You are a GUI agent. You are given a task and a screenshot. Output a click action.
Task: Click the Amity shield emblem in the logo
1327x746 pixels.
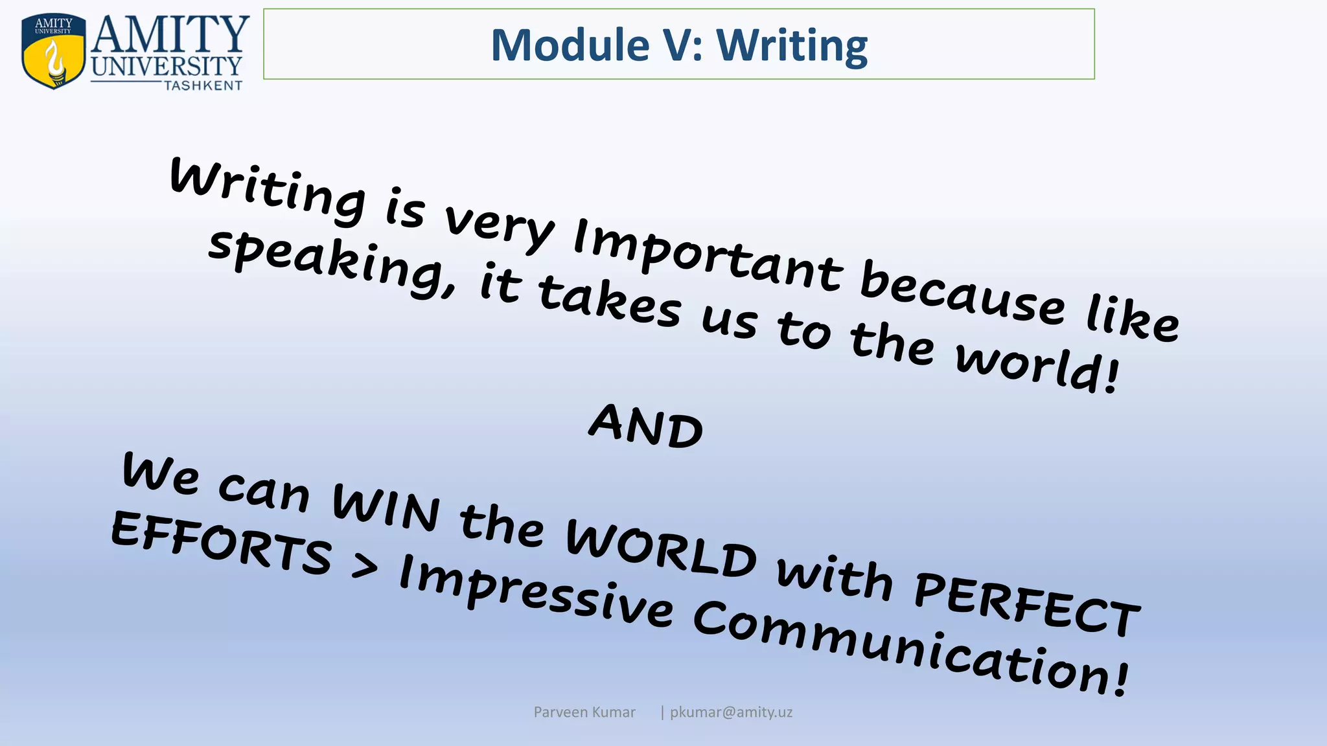(x=53, y=51)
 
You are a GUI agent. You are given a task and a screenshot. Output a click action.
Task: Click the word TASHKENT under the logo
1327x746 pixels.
(x=203, y=85)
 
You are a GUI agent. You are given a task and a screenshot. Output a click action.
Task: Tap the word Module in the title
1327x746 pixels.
(x=570, y=45)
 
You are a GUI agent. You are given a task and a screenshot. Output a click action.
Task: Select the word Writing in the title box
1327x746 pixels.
(x=791, y=45)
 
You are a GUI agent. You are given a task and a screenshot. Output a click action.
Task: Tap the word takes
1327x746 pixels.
(x=609, y=302)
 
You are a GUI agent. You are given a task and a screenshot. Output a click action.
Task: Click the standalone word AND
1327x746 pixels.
(x=646, y=425)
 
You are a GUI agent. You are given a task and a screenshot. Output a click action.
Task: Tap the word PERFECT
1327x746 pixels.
(x=1026, y=603)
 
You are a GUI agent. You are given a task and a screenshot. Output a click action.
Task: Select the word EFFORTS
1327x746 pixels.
(x=221, y=543)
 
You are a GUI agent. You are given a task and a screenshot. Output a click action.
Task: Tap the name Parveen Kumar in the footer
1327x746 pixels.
(x=584, y=712)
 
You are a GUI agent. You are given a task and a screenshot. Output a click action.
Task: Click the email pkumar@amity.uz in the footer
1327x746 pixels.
(x=730, y=712)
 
